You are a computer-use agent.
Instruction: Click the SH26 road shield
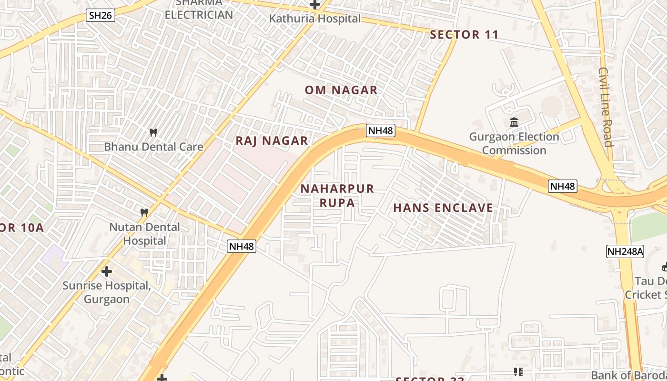(101, 15)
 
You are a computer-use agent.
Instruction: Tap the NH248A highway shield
(625, 251)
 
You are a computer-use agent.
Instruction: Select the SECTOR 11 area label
(464, 34)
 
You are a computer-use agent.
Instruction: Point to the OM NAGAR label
(341, 90)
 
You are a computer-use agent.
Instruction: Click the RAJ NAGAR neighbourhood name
(272, 141)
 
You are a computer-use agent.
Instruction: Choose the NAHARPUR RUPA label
(337, 196)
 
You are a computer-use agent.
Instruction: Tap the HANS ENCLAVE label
(443, 208)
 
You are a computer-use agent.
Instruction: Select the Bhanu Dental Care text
(153, 147)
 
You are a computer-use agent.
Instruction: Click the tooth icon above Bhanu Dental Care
(153, 132)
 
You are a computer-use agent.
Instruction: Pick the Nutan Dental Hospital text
(145, 234)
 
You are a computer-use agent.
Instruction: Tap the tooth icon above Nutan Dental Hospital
(144, 212)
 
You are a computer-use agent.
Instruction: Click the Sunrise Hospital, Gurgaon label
(107, 292)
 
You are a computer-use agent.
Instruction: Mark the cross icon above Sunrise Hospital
(107, 271)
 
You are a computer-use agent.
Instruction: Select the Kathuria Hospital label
(315, 19)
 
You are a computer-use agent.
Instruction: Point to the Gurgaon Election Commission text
(514, 143)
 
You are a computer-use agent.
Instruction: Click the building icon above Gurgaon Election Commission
(514, 122)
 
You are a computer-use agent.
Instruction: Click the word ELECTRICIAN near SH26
(199, 14)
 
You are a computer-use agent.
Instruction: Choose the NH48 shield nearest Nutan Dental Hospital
(242, 246)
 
